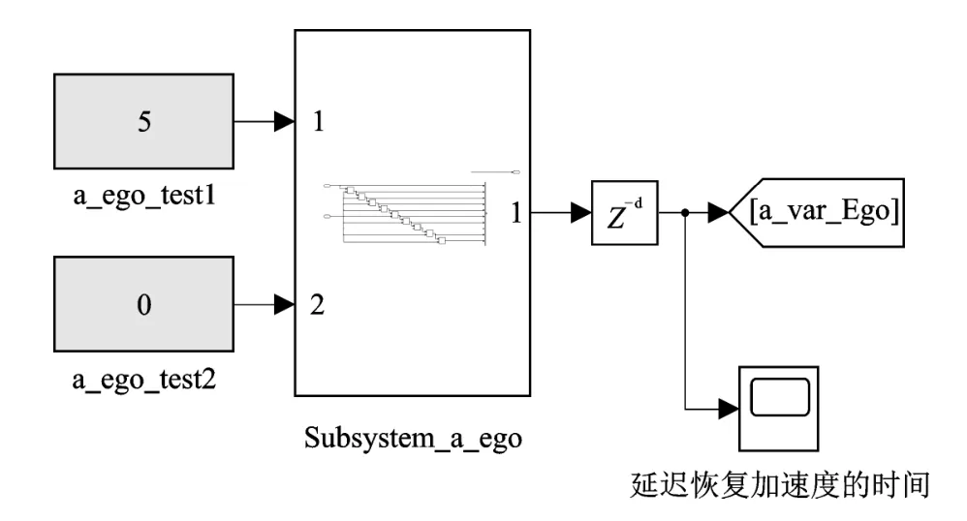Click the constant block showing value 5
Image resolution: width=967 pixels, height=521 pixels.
(x=143, y=122)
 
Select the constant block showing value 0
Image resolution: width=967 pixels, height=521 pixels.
(x=143, y=305)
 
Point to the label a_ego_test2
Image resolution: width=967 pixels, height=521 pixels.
(x=143, y=379)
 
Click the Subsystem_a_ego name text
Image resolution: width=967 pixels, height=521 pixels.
(x=413, y=438)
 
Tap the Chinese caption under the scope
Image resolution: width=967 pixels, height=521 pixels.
(x=779, y=484)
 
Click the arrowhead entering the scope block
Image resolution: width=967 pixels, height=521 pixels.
(x=728, y=409)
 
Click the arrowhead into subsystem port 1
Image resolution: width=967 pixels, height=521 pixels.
(x=285, y=122)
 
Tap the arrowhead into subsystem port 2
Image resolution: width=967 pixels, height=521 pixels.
(x=285, y=305)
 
